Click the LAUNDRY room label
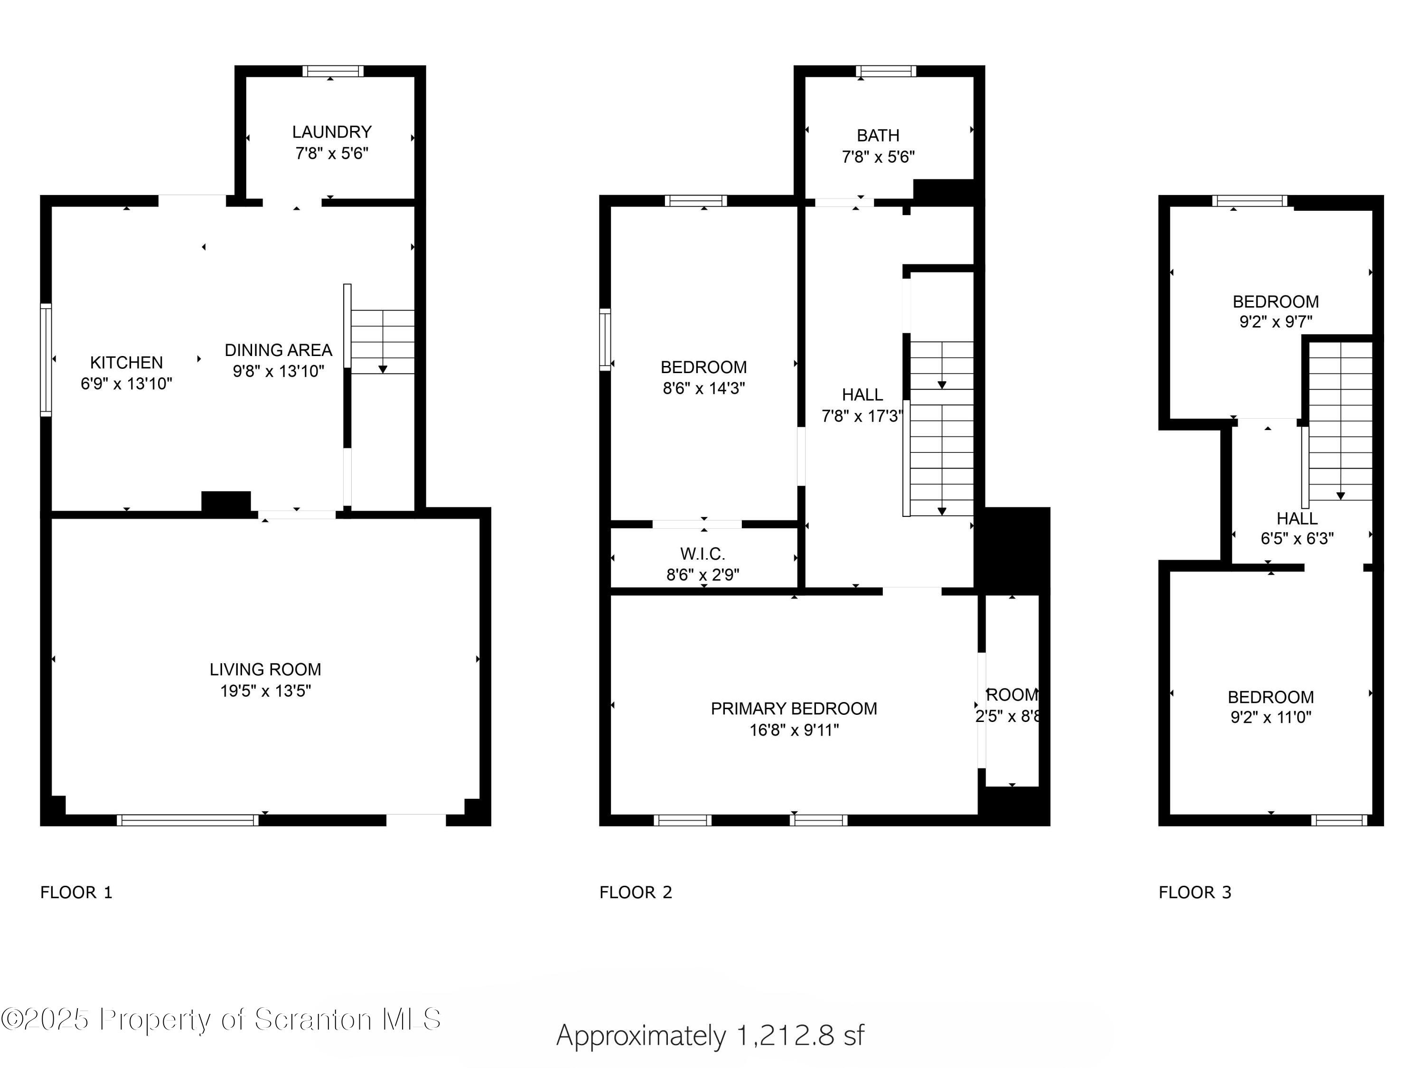331,132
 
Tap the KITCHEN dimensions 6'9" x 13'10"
126,384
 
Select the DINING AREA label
278,350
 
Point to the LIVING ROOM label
265,669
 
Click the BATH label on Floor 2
878,136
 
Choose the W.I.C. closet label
703,553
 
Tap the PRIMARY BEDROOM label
793,709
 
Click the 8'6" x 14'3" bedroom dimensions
703,388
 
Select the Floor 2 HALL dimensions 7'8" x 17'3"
862,416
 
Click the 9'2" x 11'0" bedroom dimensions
1270,717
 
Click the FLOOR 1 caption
76,892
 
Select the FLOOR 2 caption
636,892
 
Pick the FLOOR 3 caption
1195,892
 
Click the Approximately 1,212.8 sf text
710,1035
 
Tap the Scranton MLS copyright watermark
221,1019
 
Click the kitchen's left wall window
46,360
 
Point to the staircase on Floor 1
383,342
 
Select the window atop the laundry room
333,71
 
